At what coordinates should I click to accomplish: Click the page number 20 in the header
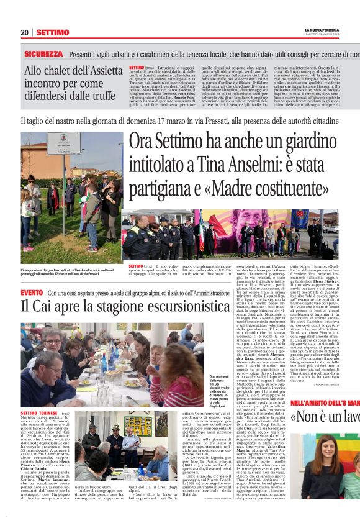pos(24,32)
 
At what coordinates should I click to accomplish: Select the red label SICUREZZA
pos(43,55)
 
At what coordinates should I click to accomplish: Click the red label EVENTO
pos(32,292)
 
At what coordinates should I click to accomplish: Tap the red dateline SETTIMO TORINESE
pos(40,413)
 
